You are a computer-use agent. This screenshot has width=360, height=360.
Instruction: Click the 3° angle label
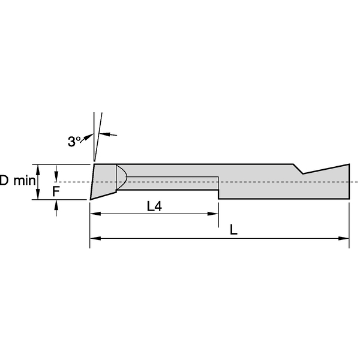(74, 142)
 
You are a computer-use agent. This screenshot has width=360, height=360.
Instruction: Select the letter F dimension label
(56, 191)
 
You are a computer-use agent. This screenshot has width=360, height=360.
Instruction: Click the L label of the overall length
(233, 230)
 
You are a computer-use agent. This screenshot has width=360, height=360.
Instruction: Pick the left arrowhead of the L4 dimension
(94, 214)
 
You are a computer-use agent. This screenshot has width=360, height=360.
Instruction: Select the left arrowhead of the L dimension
(94, 238)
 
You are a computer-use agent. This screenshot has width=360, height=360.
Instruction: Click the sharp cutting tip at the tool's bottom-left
(91, 199)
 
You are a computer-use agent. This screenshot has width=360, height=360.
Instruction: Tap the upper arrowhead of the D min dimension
(38, 167)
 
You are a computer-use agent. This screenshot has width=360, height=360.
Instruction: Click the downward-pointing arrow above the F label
(56, 175)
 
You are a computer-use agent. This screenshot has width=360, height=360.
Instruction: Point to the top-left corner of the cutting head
(94, 164)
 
